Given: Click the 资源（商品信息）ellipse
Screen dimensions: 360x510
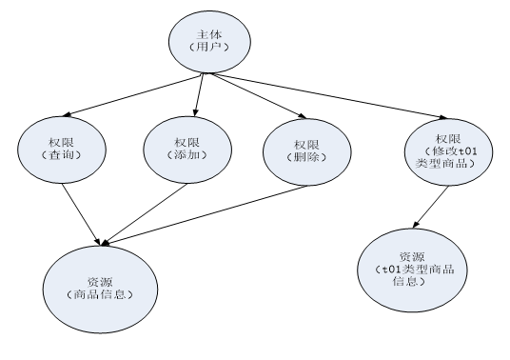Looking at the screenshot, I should [101, 287].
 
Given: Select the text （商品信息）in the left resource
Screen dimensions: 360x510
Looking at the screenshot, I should [101, 294].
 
